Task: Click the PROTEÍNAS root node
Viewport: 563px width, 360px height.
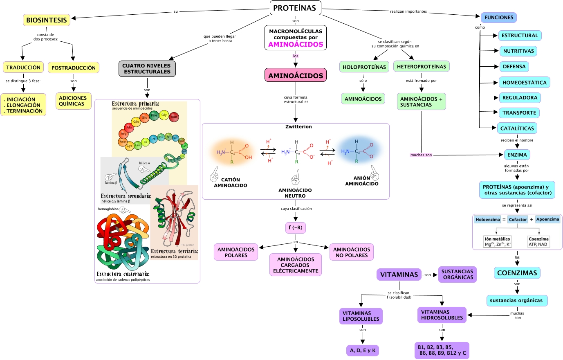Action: click(295, 8)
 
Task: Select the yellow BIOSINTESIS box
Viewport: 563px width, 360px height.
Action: click(47, 20)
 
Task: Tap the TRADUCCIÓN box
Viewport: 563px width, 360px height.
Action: click(23, 67)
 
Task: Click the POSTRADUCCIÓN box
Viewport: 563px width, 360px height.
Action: click(74, 67)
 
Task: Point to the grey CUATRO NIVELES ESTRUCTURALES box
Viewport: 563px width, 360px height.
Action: click(147, 68)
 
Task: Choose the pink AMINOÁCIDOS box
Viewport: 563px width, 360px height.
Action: click(295, 75)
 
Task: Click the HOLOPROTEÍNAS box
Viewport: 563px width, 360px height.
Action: click(364, 67)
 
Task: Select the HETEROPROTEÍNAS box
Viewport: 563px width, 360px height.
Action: click(422, 66)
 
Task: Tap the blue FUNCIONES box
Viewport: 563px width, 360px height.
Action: click(498, 18)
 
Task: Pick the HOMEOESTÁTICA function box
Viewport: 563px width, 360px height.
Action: click(524, 82)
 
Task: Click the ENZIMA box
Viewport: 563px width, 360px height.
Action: click(517, 155)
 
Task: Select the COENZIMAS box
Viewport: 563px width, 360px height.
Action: click(517, 273)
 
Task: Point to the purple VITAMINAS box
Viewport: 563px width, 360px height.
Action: click(399, 274)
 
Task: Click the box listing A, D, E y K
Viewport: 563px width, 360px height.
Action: click(363, 350)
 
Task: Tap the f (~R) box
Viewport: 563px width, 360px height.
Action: click(295, 227)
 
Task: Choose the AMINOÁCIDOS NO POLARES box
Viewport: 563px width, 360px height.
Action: click(352, 252)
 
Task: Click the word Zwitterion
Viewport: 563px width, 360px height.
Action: click(298, 127)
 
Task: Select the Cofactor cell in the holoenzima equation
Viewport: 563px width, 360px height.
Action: click(518, 220)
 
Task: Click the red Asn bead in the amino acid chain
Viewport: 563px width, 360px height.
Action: click(174, 117)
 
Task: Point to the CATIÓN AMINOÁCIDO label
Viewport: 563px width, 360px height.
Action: click(231, 182)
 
